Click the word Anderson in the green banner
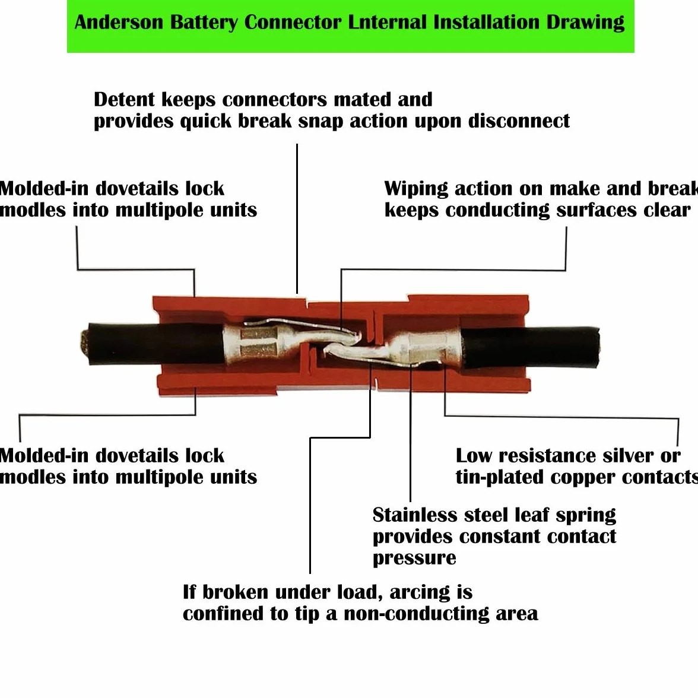(x=119, y=23)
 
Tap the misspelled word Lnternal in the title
(x=386, y=22)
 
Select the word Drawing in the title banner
(x=585, y=23)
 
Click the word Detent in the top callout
(x=124, y=99)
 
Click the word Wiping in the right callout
(x=416, y=189)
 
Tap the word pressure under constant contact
(x=414, y=558)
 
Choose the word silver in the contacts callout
(x=625, y=456)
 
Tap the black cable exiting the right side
(x=529, y=347)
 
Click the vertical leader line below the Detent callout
(x=297, y=218)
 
